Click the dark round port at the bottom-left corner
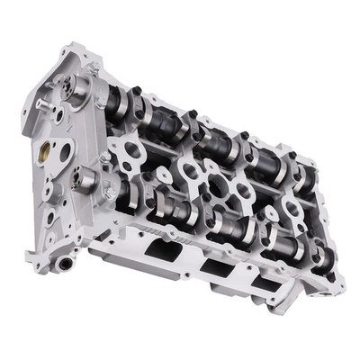[x=65, y=264]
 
